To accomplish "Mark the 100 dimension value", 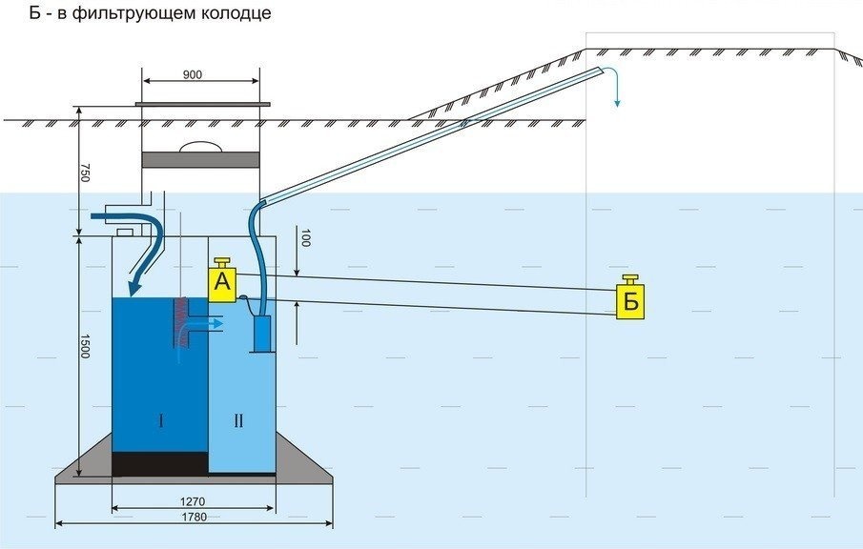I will click(304, 237).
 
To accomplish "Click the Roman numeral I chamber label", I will click(161, 420).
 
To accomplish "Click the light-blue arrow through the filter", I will click(205, 323).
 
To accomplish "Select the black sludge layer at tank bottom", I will click(159, 463).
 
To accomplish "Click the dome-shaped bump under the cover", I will click(201, 147).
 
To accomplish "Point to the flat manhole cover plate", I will click(201, 103).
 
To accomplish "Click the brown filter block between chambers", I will click(177, 320).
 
